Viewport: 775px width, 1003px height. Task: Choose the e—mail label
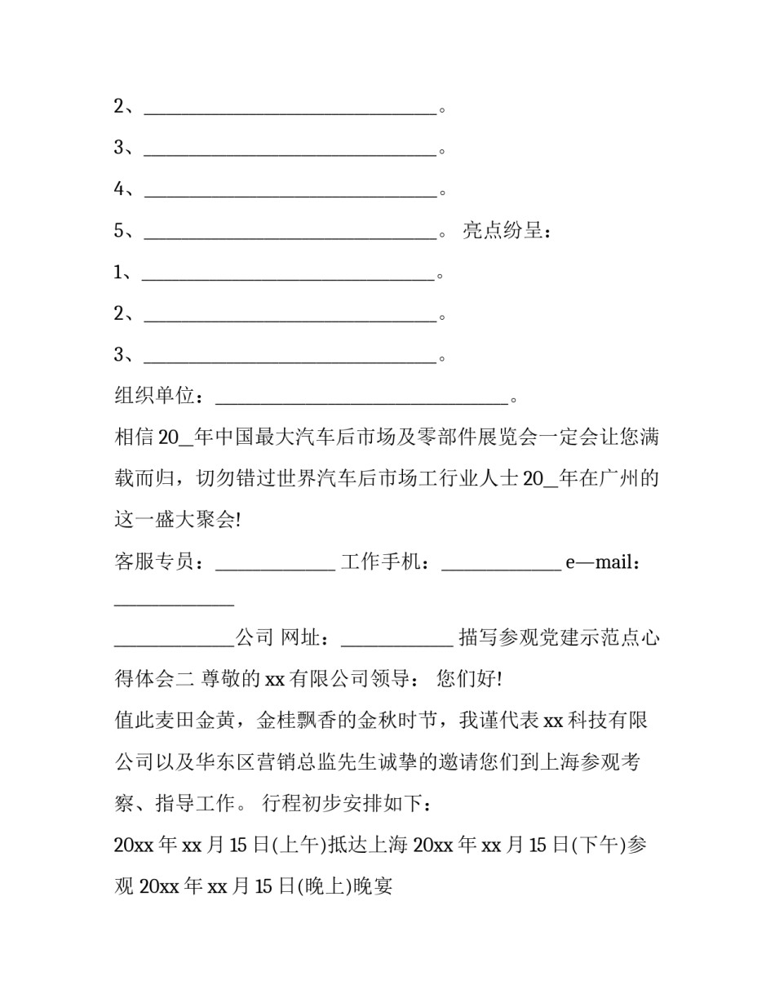point(601,562)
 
